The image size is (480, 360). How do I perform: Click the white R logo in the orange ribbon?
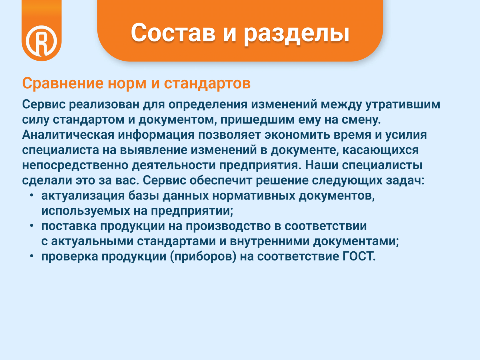pos(41,41)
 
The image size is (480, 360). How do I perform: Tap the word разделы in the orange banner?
pos(297,34)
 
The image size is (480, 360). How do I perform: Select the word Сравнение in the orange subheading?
pos(63,83)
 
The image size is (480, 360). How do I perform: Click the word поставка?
pos(69,226)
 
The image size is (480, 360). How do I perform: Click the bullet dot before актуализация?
pos(32,195)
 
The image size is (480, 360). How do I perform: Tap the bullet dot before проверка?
pos(32,256)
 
